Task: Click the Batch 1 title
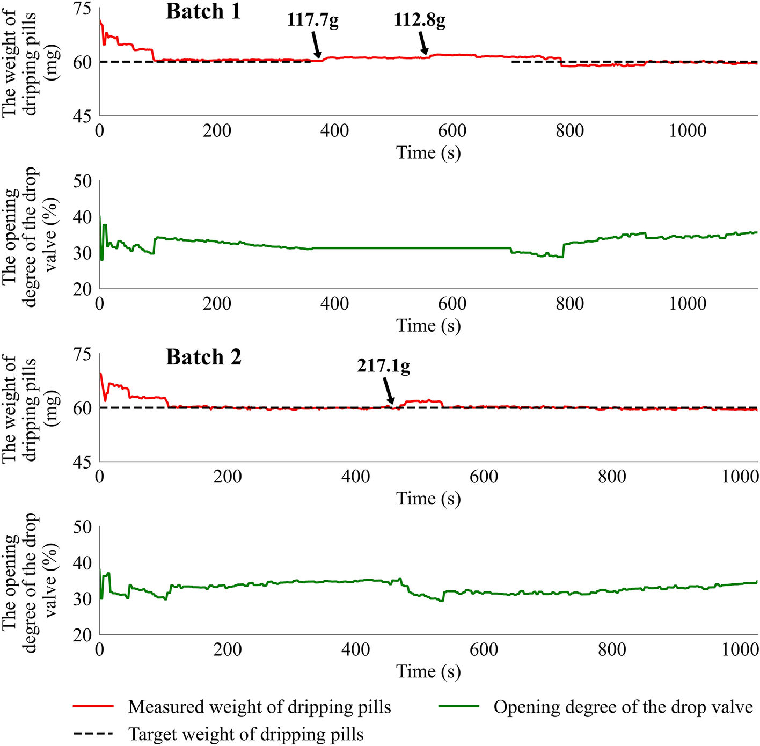pyautogui.click(x=203, y=11)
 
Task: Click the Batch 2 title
pyautogui.click(x=203, y=357)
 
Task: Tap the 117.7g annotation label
pyautogui.click(x=313, y=20)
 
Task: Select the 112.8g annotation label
pyautogui.click(x=420, y=20)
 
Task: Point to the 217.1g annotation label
pyautogui.click(x=384, y=366)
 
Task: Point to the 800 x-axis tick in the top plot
pyautogui.click(x=569, y=130)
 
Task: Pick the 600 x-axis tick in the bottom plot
pyautogui.click(x=484, y=649)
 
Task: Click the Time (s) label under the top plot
pyautogui.click(x=428, y=153)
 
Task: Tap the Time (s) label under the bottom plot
pyautogui.click(x=428, y=671)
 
